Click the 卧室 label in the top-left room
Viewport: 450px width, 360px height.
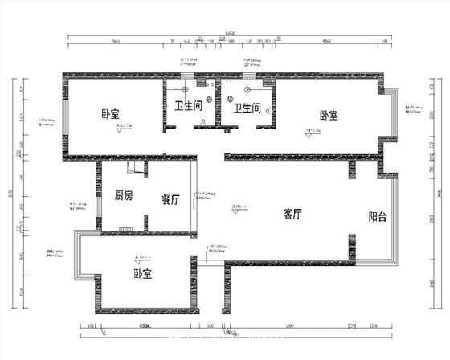tap(110, 114)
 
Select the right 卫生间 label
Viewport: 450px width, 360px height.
tap(247, 107)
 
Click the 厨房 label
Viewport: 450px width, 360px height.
tap(123, 194)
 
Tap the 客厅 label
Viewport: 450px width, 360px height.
tap(292, 214)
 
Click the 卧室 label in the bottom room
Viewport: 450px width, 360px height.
tap(144, 273)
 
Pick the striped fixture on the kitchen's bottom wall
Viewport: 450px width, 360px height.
tap(125, 229)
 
